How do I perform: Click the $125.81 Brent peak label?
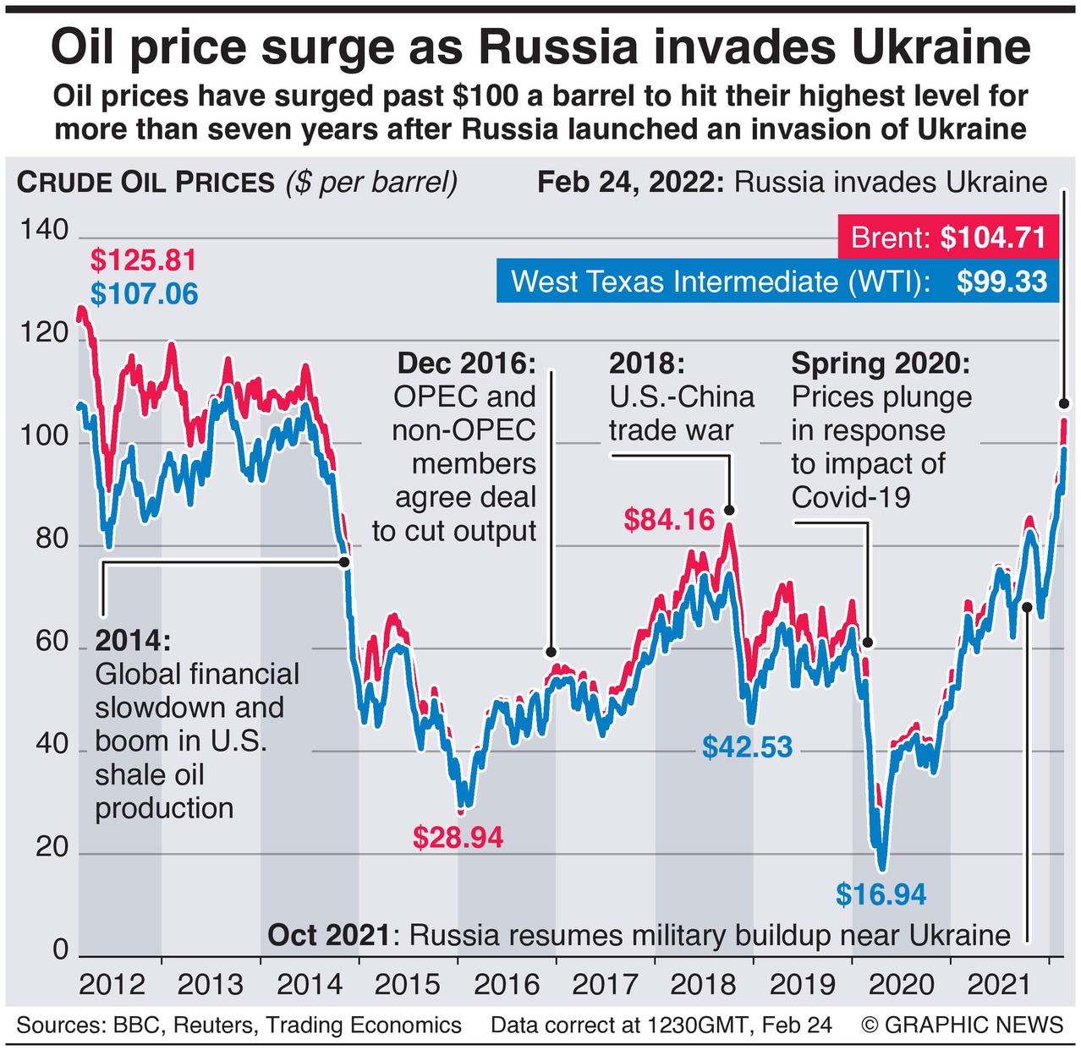143,260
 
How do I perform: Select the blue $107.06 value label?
144,294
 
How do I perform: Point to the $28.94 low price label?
458,837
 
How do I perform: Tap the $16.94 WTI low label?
881,894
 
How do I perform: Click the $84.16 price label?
669,519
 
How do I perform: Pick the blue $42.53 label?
747,746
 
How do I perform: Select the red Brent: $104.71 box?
948,238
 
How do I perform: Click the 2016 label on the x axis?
506,985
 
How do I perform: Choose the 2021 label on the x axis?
999,985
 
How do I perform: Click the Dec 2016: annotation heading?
466,364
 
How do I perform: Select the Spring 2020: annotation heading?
881,364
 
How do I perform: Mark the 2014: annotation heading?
133,640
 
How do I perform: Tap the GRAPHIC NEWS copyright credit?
963,1025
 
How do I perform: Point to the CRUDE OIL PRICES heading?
145,183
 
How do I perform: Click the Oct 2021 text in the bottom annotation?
329,936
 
